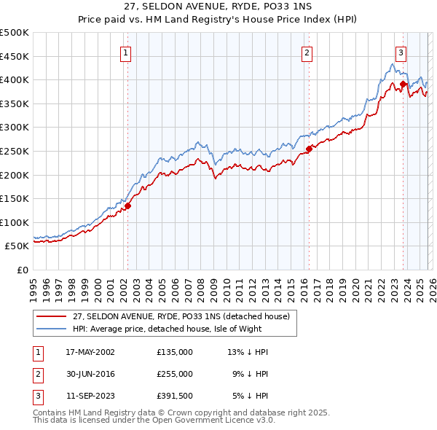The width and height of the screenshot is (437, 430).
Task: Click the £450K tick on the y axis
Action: click(15, 56)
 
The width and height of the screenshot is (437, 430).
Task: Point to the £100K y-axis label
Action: click(15, 222)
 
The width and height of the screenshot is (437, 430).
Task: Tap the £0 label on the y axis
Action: click(23, 270)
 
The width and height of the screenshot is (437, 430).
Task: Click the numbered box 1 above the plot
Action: click(126, 52)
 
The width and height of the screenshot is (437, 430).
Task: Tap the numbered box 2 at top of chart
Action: click(307, 52)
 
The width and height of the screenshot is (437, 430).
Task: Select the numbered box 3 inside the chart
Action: click(401, 52)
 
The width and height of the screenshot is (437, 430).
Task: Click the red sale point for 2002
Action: click(127, 206)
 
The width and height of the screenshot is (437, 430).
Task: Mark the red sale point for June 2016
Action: click(309, 149)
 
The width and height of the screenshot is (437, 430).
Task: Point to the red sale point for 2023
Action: click(403, 84)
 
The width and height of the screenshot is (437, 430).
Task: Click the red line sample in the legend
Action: click(52, 316)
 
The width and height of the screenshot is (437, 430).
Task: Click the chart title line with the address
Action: click(219, 7)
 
